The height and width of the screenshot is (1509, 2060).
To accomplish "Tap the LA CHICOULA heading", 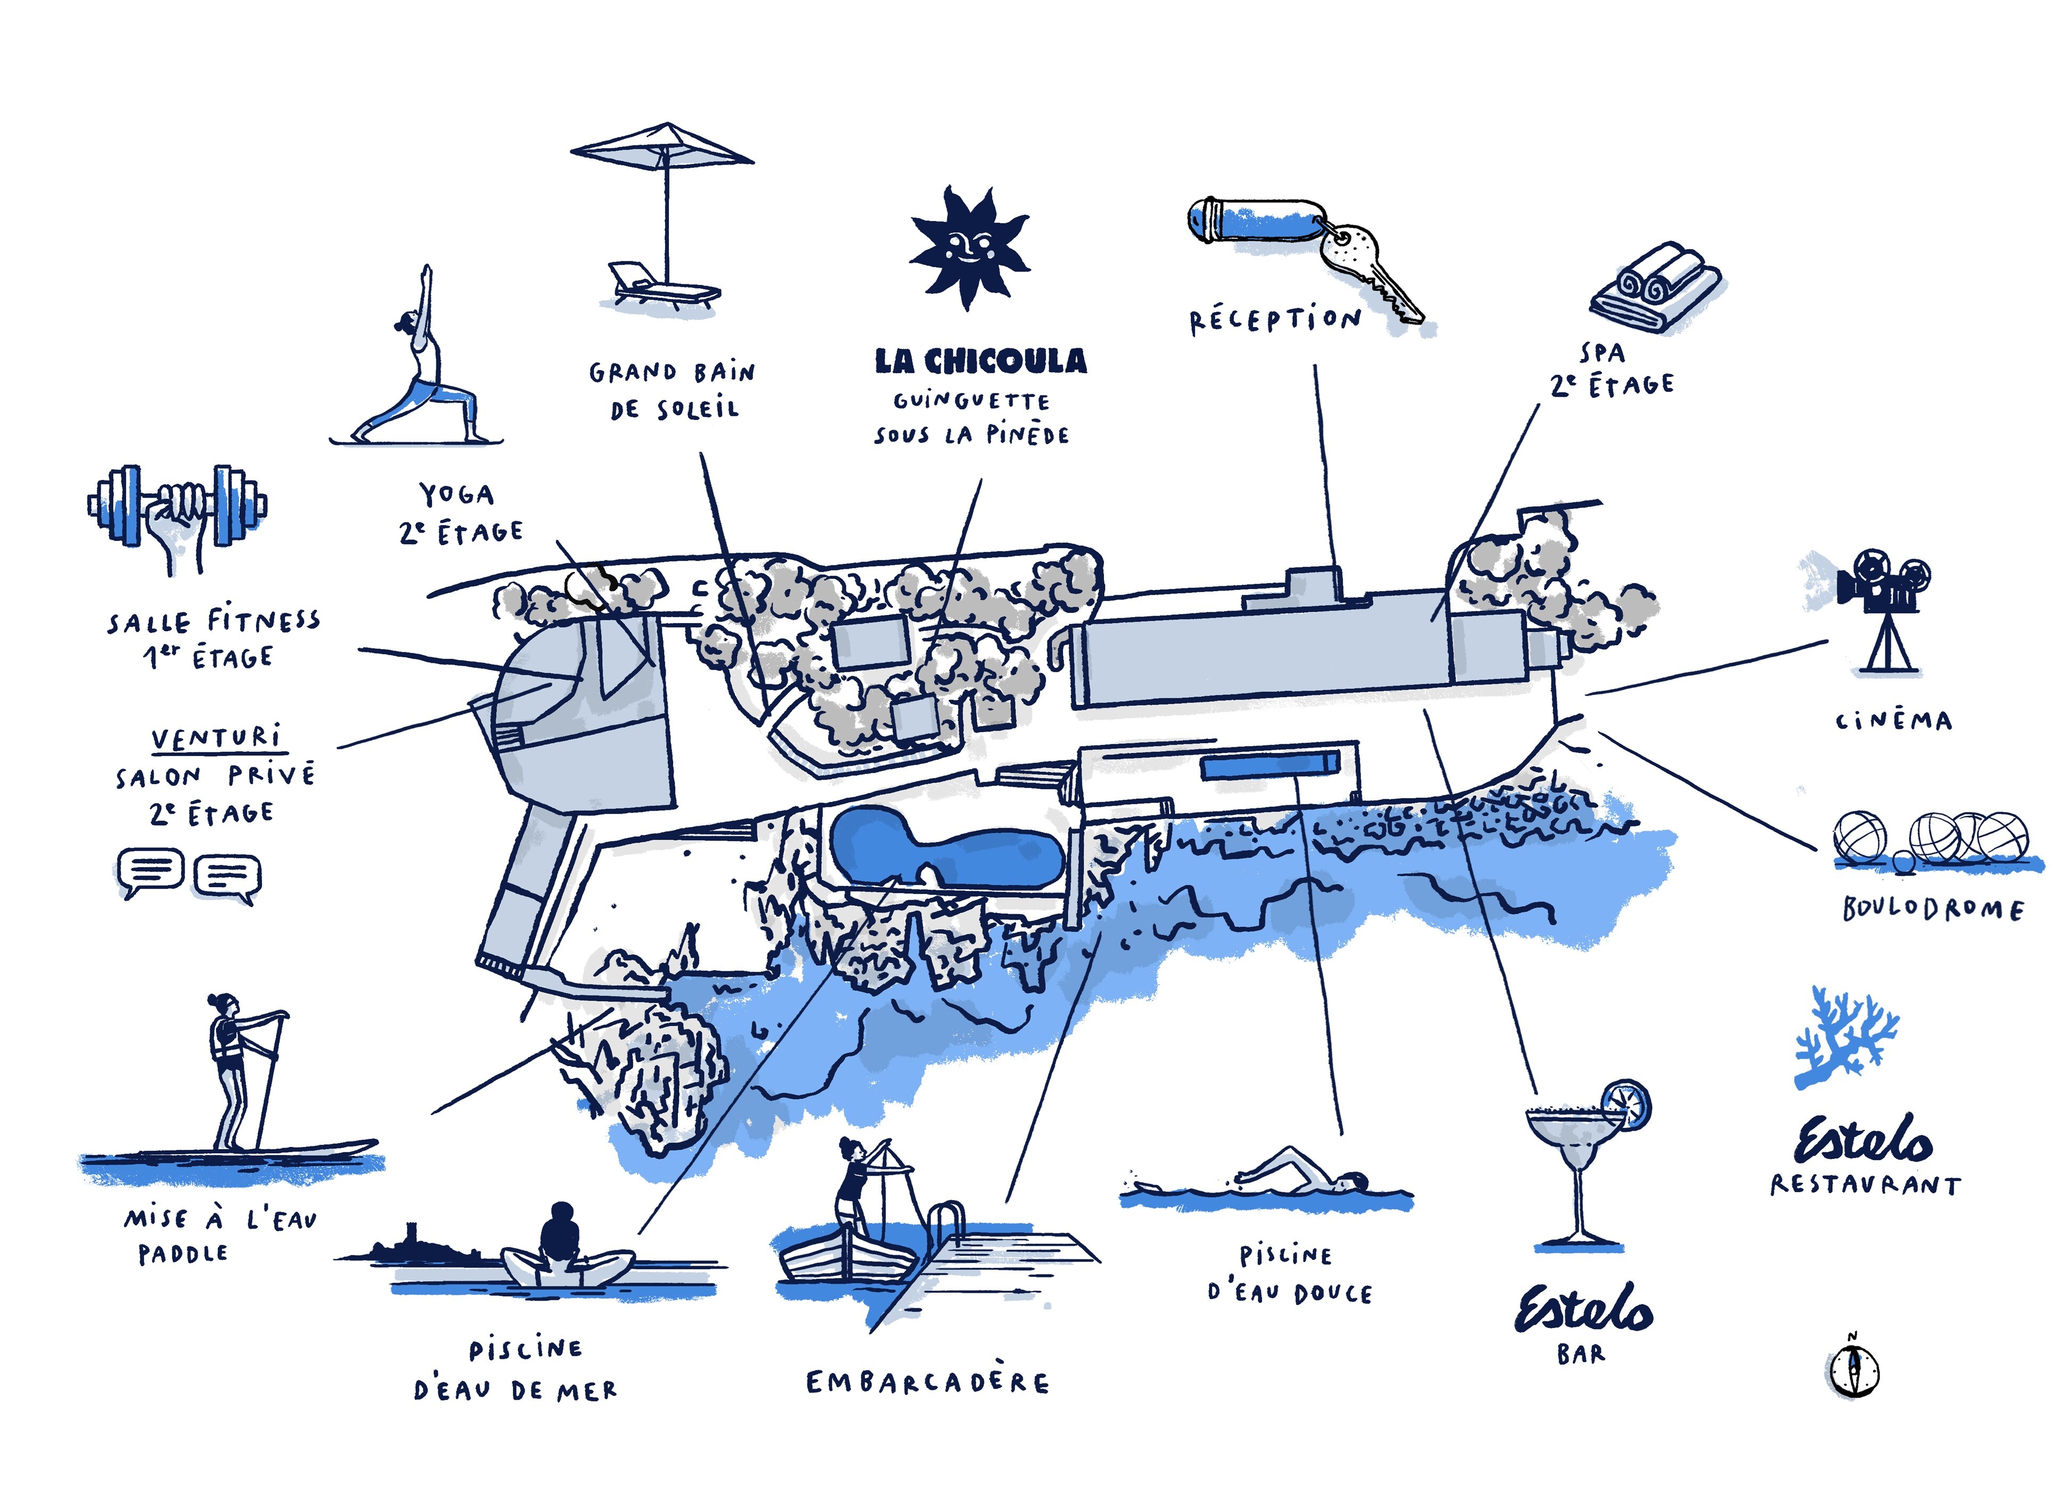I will click(x=980, y=361).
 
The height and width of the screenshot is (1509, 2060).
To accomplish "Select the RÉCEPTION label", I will click(x=1274, y=319).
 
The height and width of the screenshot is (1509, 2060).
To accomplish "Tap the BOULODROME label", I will click(x=1932, y=909).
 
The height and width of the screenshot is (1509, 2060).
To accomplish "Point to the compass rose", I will click(x=1853, y=1370).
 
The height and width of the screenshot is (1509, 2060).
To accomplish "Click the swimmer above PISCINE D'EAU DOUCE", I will click(x=1297, y=1174).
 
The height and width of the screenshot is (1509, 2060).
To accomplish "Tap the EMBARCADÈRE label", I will click(x=927, y=1382).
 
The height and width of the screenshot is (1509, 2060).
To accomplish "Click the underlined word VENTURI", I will click(x=217, y=737).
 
